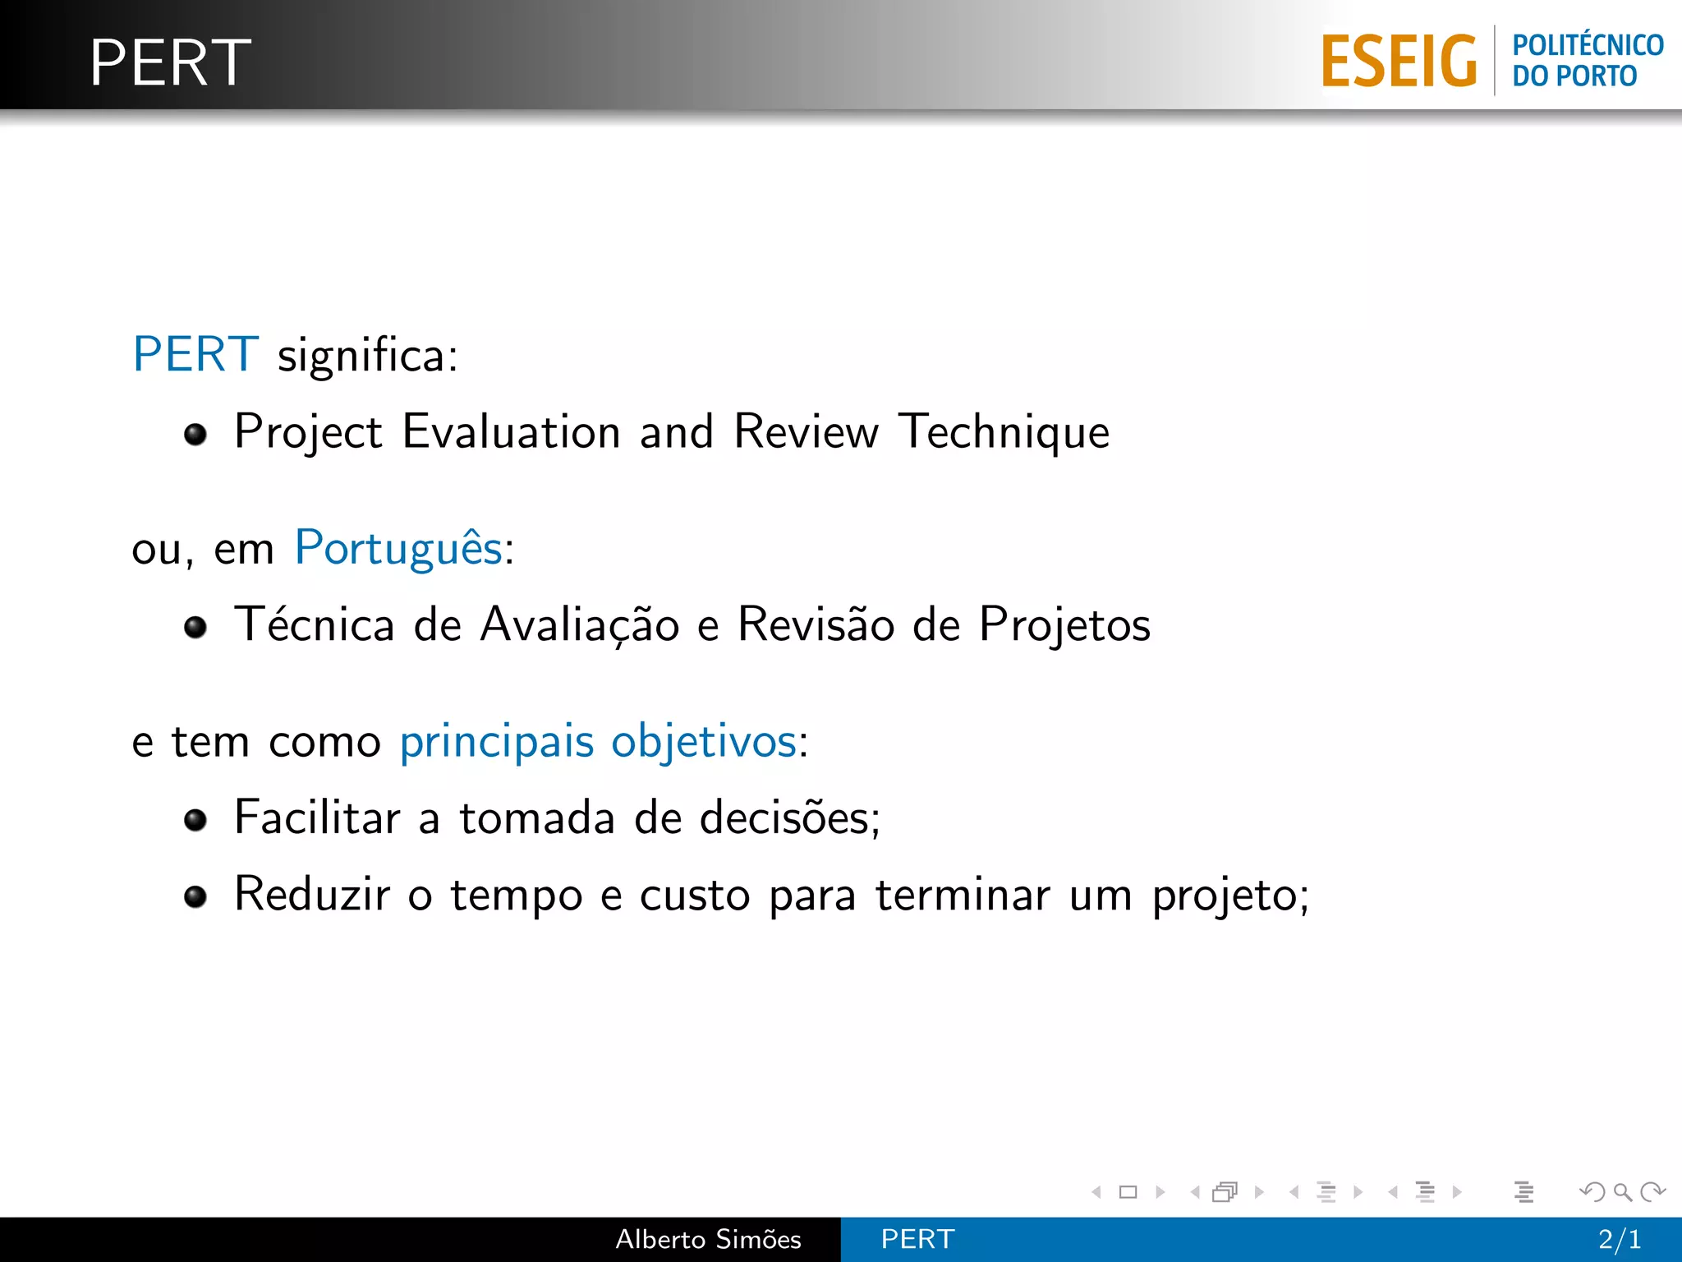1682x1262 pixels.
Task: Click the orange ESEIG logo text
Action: tap(1399, 62)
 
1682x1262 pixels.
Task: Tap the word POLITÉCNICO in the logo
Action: tap(1588, 45)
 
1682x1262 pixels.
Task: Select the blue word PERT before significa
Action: tap(195, 355)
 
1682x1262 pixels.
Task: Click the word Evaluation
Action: tap(511, 432)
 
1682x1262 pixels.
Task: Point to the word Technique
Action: tap(1004, 432)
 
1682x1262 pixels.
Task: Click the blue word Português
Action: tap(398, 549)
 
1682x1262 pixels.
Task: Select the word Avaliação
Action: tap(580, 624)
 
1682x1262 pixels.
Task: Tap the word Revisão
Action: tap(816, 624)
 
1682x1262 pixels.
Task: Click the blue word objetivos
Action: tap(704, 742)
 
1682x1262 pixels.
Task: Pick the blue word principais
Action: tap(496, 742)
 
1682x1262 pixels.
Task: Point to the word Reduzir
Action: tap(312, 895)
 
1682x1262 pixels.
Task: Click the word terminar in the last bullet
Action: tap(963, 895)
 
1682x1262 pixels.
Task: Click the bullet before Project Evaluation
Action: tap(195, 434)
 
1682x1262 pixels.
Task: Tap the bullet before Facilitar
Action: tap(195, 820)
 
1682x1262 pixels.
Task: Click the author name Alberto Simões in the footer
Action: tap(708, 1239)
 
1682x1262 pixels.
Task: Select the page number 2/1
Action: tap(1619, 1239)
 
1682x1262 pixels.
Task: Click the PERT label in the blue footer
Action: tap(917, 1239)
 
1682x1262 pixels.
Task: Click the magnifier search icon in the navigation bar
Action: tap(1622, 1191)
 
